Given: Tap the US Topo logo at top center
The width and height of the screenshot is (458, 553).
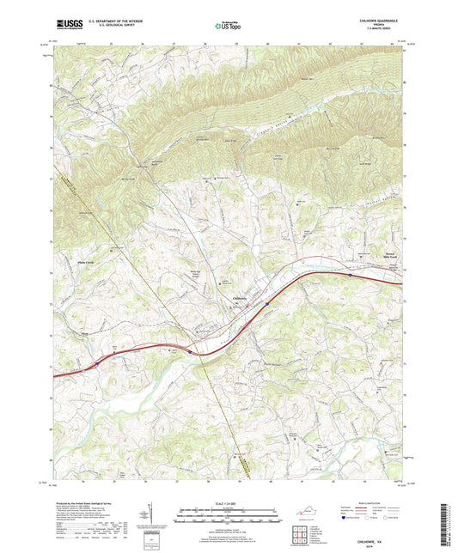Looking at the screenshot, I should [x=228, y=25].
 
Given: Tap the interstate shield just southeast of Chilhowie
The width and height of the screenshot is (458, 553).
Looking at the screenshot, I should [x=268, y=302].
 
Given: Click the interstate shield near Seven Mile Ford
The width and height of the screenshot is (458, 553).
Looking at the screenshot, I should [x=351, y=276].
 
